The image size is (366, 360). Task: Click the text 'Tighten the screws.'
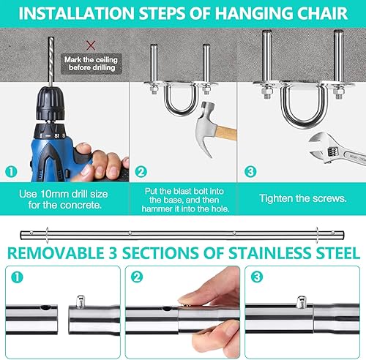point(303,198)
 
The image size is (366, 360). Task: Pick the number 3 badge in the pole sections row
point(255,277)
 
